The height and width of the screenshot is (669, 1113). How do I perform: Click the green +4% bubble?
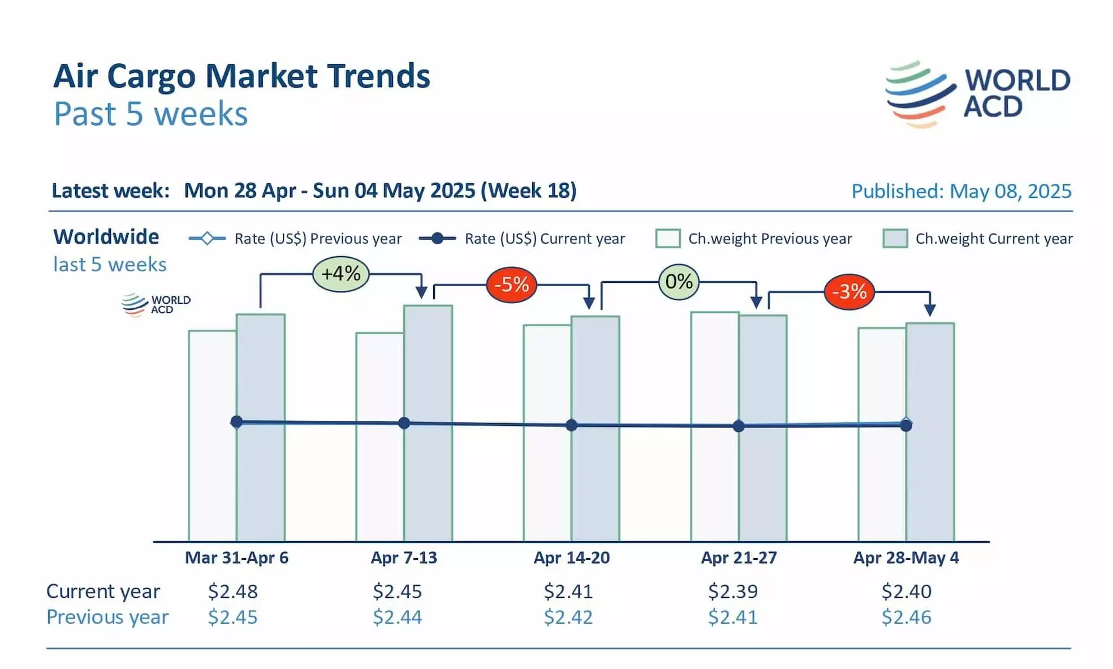[x=341, y=274]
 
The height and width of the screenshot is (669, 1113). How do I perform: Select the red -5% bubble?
[x=511, y=284]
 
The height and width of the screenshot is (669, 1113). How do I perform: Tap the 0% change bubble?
[x=679, y=282]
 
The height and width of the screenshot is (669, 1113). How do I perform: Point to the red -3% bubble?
[x=849, y=292]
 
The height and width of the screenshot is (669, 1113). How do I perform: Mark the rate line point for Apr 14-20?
[x=572, y=425]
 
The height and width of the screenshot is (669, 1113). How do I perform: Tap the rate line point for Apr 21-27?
[x=739, y=426]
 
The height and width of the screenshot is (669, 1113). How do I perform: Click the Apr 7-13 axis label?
[x=404, y=558]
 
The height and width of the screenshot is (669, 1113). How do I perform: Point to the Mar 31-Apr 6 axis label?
[x=236, y=558]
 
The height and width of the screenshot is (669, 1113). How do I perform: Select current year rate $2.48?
[x=232, y=592]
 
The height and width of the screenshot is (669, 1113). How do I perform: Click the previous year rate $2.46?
[x=906, y=617]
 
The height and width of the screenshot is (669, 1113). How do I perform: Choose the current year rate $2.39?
[x=733, y=592]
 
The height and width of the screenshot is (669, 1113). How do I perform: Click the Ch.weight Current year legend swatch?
[x=895, y=239]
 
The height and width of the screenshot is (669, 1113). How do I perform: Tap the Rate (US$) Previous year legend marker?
[x=207, y=239]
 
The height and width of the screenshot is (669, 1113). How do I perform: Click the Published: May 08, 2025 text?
[x=961, y=192]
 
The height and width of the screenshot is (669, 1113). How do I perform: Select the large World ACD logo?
[x=977, y=94]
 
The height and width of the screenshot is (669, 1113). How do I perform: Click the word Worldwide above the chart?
[x=106, y=237]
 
